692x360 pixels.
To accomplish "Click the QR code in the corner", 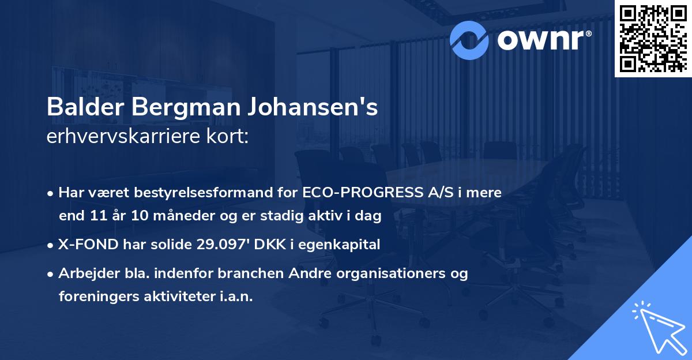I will tap(653, 38).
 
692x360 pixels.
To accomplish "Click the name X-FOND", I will tap(86, 245).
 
